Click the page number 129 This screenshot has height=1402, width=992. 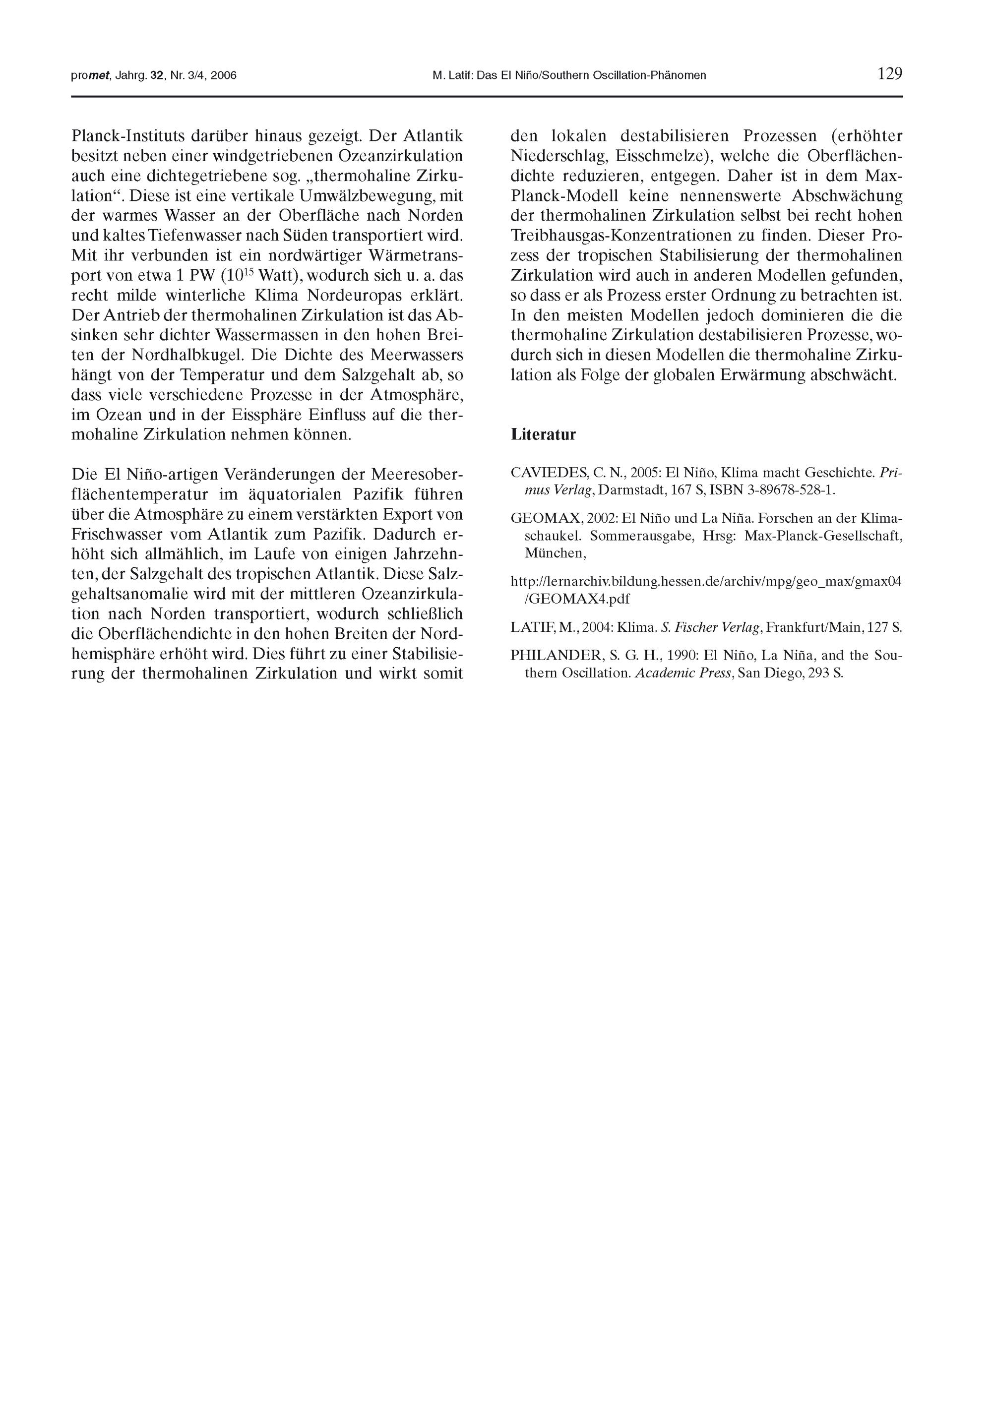[889, 74]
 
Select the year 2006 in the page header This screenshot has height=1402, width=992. [224, 76]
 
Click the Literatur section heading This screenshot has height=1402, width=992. [543, 435]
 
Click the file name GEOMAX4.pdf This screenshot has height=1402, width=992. [579, 599]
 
